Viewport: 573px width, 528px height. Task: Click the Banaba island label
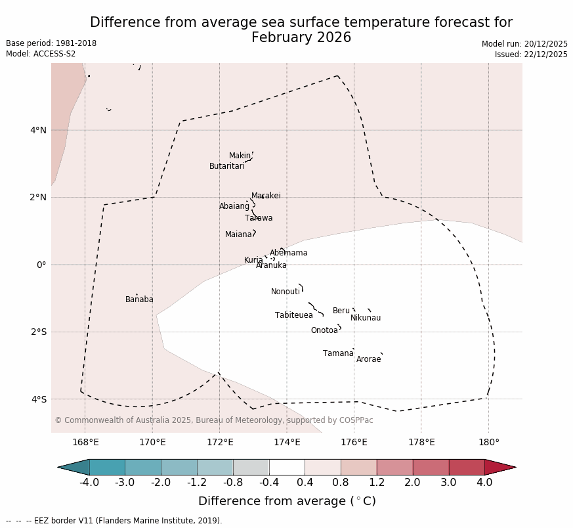coord(139,299)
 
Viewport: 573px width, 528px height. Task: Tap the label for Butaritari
coord(227,166)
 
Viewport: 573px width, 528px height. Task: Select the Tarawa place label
coord(259,218)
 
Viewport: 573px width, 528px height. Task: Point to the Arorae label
coord(368,359)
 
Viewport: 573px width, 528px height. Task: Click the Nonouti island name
coord(286,292)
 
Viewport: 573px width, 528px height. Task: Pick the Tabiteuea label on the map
coord(294,315)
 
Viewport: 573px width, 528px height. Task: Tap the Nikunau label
coord(366,318)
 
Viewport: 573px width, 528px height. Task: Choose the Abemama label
coord(288,253)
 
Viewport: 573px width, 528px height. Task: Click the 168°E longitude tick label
coord(85,442)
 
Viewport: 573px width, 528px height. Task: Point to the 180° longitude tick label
coord(488,442)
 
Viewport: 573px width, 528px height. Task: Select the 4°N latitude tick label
coord(38,130)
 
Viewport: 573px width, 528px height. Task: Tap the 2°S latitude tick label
coord(38,332)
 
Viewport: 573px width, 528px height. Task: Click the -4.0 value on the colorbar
coord(89,483)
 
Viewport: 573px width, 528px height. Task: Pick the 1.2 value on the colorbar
coord(377,483)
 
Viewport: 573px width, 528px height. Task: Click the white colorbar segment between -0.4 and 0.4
coord(287,467)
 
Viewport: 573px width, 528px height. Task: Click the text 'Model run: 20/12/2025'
coord(524,44)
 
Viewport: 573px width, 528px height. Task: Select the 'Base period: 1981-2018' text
coord(51,43)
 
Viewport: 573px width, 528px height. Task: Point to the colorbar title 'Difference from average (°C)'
coord(287,501)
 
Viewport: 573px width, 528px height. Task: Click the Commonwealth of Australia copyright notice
coord(214,420)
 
